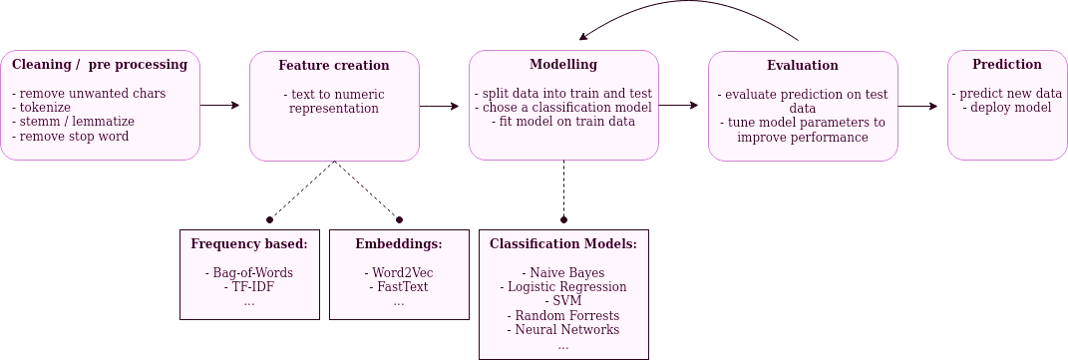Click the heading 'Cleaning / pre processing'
(x=100, y=65)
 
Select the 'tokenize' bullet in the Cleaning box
(x=43, y=108)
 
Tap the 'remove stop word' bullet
(x=71, y=136)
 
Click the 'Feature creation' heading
(x=334, y=66)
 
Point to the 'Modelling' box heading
(x=563, y=65)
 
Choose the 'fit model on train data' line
(x=563, y=122)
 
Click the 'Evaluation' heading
(x=803, y=66)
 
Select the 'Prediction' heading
(x=1007, y=65)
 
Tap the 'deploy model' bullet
(x=1007, y=108)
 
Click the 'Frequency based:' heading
(x=249, y=243)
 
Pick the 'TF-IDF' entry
(x=249, y=286)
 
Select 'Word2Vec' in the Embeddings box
(x=399, y=272)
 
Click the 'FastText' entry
(x=399, y=286)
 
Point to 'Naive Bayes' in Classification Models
(x=563, y=272)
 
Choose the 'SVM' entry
(x=563, y=300)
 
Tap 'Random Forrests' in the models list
(x=563, y=315)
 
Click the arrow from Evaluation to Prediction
(x=921, y=104)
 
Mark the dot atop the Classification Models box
(x=563, y=219)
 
